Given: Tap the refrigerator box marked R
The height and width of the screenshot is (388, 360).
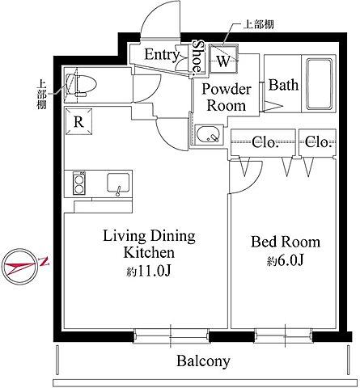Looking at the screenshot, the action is (x=78, y=121).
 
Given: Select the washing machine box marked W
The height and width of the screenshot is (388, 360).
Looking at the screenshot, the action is (x=223, y=59).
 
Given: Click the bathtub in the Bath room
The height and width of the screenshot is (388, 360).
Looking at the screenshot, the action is (x=320, y=83).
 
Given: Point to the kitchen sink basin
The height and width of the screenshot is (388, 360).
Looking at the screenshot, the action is (x=118, y=183).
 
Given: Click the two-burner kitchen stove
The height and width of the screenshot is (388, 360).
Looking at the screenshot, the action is (x=79, y=183).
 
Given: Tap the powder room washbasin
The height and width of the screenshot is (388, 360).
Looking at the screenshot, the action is (x=208, y=134).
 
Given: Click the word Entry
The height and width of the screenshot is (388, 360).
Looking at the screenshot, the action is (x=161, y=55).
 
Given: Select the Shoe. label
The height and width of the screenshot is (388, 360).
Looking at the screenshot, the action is (x=198, y=57).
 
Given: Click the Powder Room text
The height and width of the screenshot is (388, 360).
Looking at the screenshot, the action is (x=227, y=97).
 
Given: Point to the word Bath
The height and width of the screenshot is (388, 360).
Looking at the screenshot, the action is (x=283, y=85).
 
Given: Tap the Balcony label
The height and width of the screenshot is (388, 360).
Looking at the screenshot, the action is (x=203, y=361).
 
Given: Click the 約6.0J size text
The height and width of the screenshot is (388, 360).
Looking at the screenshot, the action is (x=286, y=260).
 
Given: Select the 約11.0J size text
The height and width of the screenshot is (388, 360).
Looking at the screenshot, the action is (x=149, y=272).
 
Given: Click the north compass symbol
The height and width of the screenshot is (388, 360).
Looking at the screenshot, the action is (x=20, y=267).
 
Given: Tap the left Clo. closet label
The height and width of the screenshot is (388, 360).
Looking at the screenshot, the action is (x=265, y=142).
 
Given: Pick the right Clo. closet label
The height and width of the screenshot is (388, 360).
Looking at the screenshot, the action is (x=318, y=141).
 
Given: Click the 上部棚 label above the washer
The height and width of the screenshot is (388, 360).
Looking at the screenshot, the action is (x=258, y=24).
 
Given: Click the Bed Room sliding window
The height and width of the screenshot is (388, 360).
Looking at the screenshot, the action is (x=283, y=335).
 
